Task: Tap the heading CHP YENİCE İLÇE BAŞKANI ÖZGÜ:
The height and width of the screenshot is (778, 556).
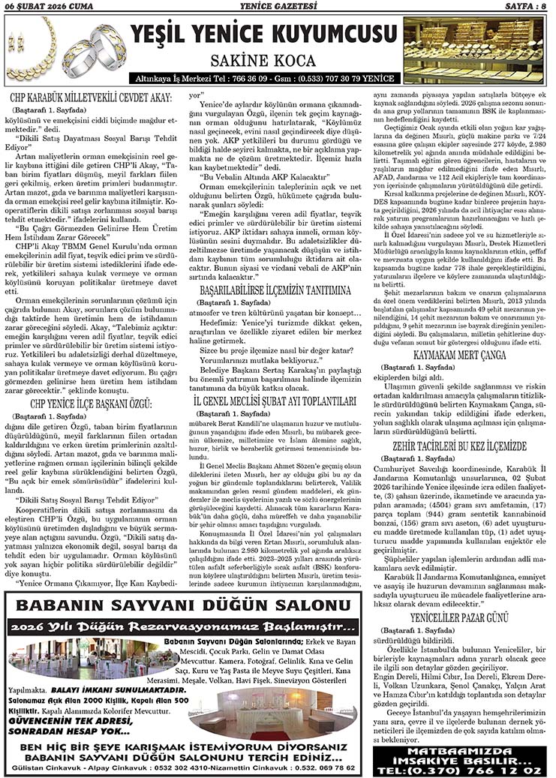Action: (92, 403)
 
